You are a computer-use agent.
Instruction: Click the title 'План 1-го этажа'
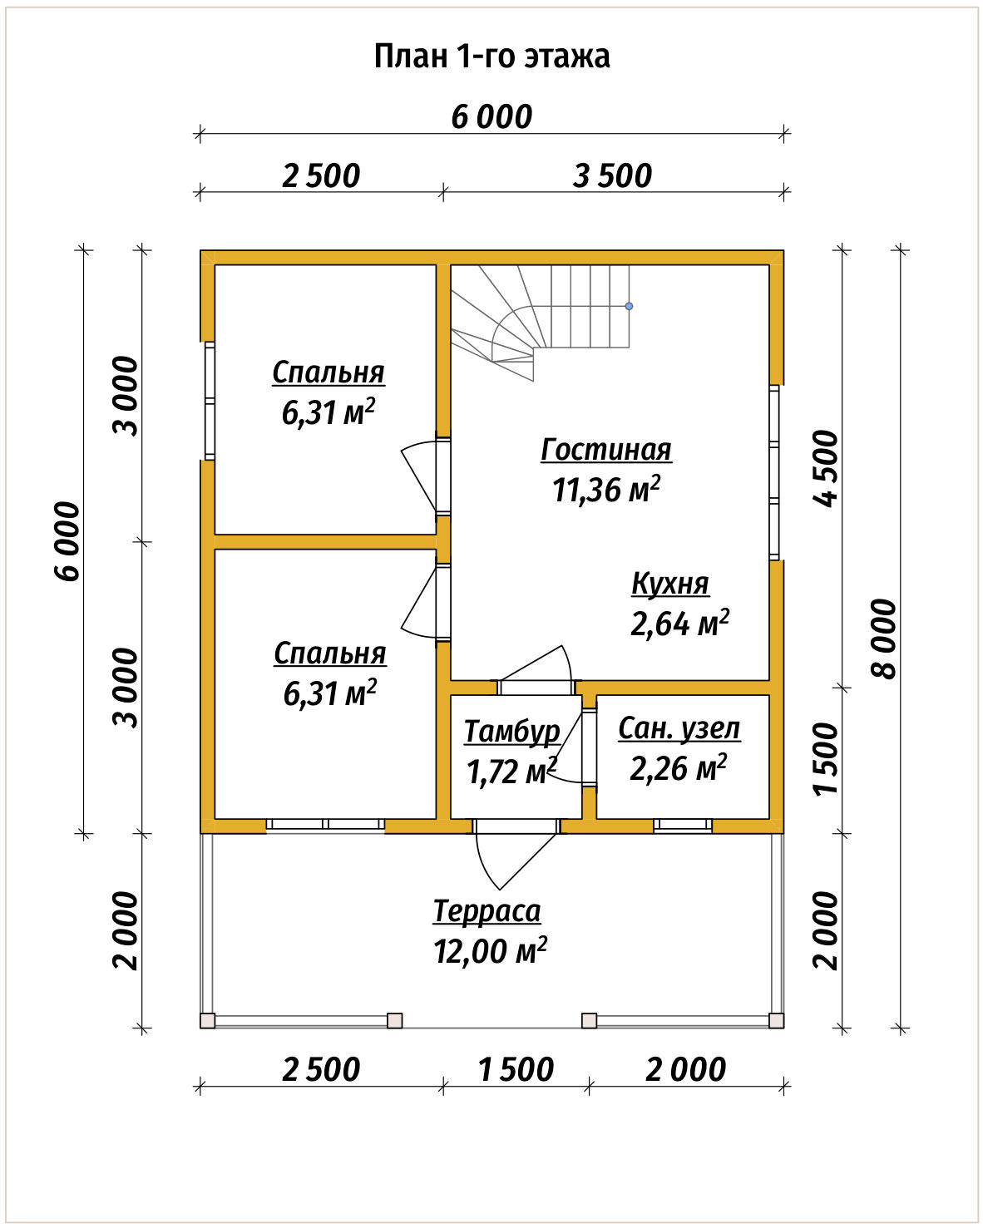pyautogui.click(x=491, y=57)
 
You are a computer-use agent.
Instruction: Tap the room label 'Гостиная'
pyautogui.click(x=605, y=451)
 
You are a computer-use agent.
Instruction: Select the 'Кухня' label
pyautogui.click(x=670, y=584)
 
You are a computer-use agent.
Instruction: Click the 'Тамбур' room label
pyautogui.click(x=511, y=732)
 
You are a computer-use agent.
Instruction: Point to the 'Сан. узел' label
pyautogui.click(x=679, y=728)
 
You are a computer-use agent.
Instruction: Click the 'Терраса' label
pyautogui.click(x=487, y=910)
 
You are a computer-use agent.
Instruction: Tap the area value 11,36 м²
pyautogui.click(x=605, y=490)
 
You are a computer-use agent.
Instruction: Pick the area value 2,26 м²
pyautogui.click(x=678, y=768)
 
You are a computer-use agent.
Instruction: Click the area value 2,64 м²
pyautogui.click(x=679, y=623)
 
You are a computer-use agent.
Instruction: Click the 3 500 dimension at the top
pyautogui.click(x=612, y=175)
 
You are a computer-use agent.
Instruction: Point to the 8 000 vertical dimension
pyautogui.click(x=884, y=639)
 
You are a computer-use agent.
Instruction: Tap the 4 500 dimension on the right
pyautogui.click(x=826, y=468)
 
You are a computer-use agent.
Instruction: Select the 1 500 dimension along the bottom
pyautogui.click(x=516, y=1069)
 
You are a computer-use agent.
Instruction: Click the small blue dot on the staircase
pyautogui.click(x=629, y=307)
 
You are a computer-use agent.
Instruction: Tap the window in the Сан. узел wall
pyautogui.click(x=683, y=824)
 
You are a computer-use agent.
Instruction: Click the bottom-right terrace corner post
pyautogui.click(x=777, y=1021)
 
